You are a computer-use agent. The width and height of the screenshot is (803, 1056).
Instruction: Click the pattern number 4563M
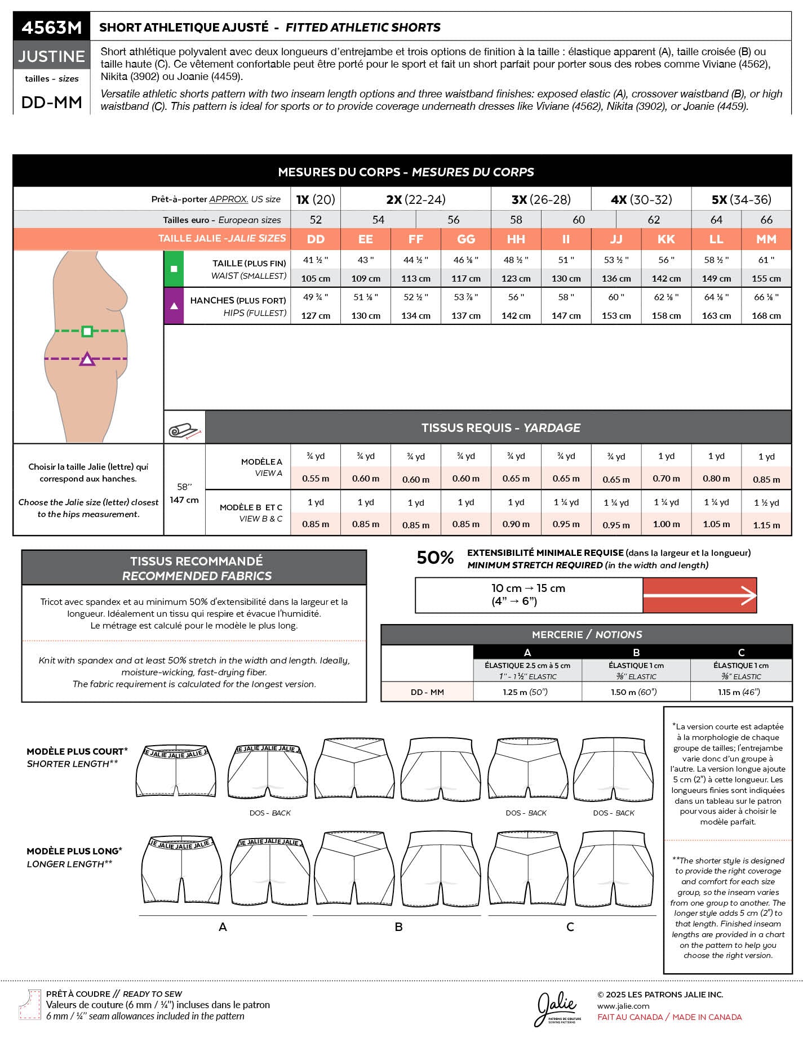[51, 27]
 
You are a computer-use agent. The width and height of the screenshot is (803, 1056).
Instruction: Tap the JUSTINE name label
[51, 56]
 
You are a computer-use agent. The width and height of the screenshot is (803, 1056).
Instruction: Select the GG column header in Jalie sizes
[465, 239]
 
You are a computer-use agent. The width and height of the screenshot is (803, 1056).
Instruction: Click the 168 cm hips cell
[766, 315]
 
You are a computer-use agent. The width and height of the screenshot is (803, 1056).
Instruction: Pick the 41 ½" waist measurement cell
[316, 260]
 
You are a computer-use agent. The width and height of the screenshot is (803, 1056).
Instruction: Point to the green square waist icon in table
[174, 269]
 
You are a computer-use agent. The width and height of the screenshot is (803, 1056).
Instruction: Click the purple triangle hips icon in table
[174, 306]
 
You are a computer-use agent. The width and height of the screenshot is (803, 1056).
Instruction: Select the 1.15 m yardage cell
[766, 525]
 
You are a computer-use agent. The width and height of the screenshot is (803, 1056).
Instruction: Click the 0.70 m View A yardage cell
[666, 479]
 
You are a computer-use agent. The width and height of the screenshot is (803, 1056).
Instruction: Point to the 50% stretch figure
[435, 558]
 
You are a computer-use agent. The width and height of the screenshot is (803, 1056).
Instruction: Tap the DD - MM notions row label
[427, 692]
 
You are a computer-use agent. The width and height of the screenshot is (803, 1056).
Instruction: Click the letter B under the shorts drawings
[398, 926]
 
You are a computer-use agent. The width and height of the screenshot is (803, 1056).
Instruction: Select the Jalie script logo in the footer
[557, 1005]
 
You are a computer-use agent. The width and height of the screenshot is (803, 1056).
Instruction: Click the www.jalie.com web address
[623, 1006]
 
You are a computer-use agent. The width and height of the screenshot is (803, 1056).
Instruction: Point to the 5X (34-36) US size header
[741, 199]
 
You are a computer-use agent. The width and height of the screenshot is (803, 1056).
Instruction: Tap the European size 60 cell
[579, 220]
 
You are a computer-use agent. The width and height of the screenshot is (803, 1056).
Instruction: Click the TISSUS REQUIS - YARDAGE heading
[500, 427]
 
